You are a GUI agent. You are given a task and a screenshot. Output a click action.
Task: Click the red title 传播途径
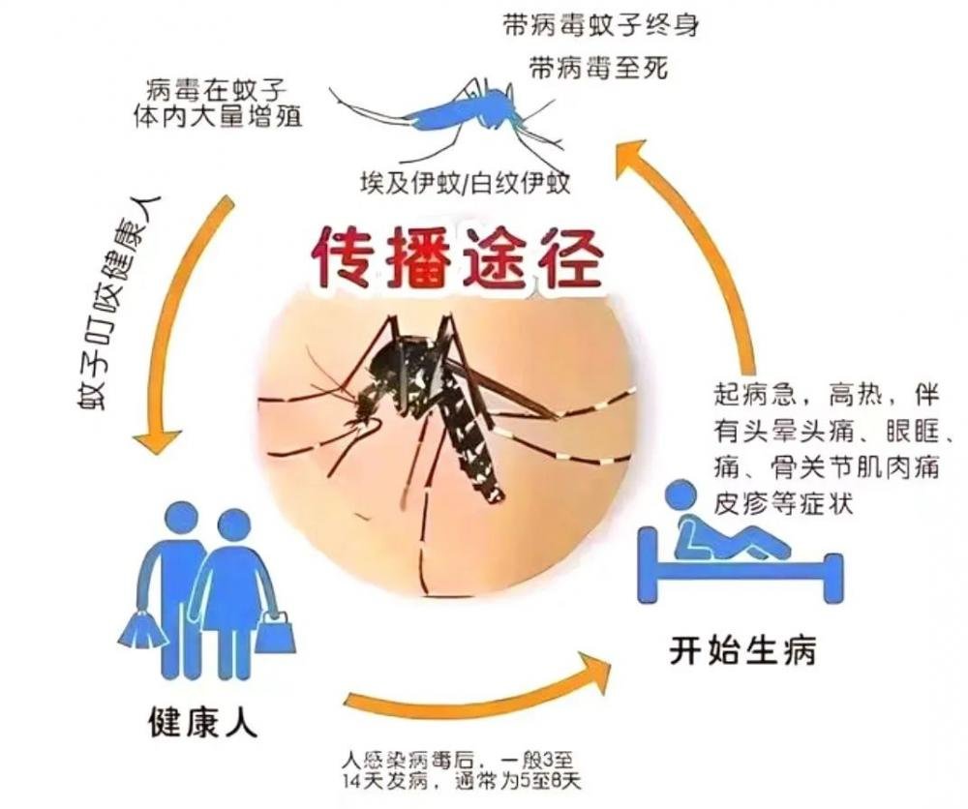click(457, 258)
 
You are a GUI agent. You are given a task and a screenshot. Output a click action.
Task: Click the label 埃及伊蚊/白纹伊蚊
click(466, 184)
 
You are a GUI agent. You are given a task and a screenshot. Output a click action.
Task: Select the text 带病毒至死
click(599, 69)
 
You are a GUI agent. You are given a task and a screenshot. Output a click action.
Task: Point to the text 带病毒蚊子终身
click(601, 26)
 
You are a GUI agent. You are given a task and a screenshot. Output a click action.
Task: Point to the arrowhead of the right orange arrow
click(630, 159)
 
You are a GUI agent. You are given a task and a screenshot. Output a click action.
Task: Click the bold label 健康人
click(203, 721)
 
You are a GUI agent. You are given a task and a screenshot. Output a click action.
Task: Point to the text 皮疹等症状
click(783, 503)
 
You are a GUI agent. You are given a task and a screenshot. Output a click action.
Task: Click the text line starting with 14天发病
click(463, 781)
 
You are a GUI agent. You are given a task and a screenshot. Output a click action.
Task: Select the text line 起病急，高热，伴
click(827, 395)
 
